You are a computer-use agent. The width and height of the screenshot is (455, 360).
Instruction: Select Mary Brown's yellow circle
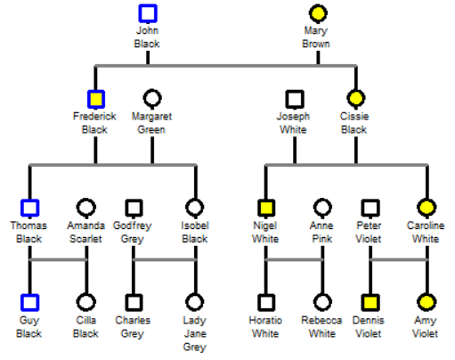[318, 13]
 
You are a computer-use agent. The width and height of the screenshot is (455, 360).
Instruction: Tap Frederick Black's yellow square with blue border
[96, 99]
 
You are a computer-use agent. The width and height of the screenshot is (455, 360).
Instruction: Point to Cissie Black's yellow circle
[356, 98]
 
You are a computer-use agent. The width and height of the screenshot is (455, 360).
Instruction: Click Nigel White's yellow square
[266, 208]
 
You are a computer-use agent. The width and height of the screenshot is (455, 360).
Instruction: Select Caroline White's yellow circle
[427, 207]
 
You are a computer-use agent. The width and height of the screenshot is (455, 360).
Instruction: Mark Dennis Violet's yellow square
[370, 303]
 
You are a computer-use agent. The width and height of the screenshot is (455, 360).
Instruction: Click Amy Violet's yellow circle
[427, 302]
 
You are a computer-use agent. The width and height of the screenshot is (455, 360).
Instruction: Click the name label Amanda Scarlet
[85, 233]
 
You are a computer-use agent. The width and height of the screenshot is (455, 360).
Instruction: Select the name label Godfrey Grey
[133, 233]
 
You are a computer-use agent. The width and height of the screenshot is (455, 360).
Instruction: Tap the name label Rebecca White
[321, 327]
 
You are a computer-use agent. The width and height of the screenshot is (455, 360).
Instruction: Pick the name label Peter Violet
[369, 233]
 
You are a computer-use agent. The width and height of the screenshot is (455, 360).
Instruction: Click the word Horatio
[265, 320]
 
